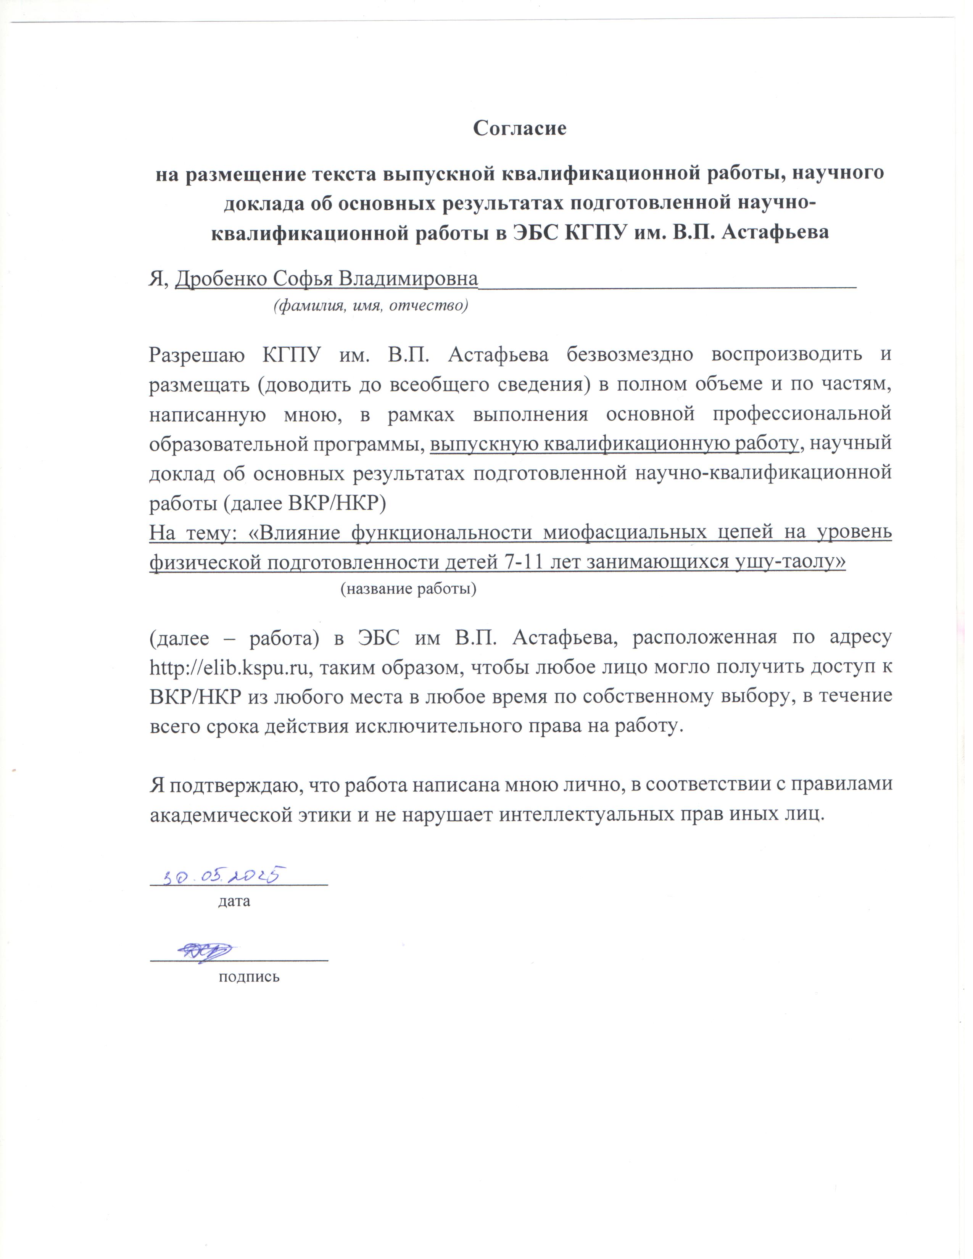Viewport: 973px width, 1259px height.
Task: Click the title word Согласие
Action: [519, 128]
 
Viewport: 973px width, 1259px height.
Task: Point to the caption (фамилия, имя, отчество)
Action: [370, 306]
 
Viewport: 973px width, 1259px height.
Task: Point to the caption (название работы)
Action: [408, 589]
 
